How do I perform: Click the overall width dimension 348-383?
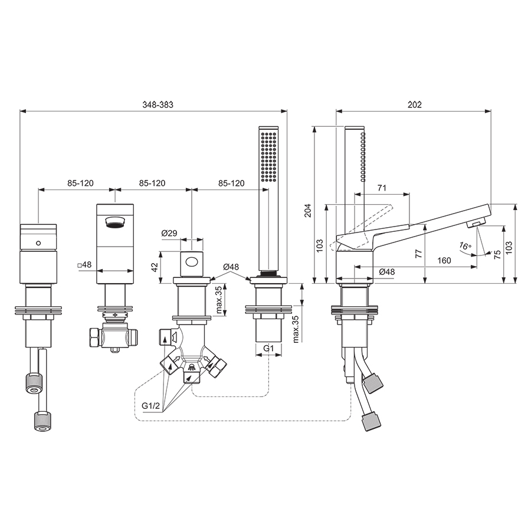[153, 104]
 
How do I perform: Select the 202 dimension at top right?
[414, 104]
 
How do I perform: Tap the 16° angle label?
[466, 247]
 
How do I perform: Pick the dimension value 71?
[382, 188]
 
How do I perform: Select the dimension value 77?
[417, 253]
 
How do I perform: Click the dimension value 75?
[497, 253]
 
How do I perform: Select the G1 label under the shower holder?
[268, 349]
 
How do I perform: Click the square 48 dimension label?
[84, 265]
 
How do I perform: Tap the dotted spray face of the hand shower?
[268, 157]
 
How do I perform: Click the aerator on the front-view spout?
[114, 222]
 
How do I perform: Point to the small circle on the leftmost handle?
[38, 243]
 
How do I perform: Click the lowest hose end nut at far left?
[41, 421]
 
